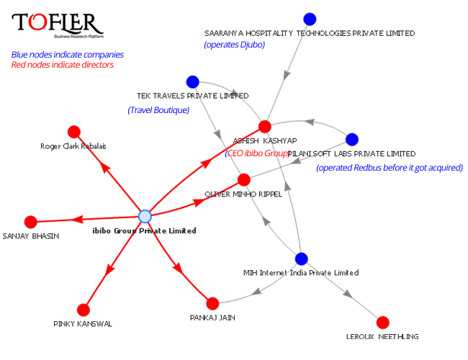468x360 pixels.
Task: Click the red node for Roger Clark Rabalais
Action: (x=73, y=132)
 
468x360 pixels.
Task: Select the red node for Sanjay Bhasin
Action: (x=30, y=222)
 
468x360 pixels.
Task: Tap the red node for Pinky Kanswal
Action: (x=83, y=310)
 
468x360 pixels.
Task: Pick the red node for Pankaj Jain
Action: (x=212, y=304)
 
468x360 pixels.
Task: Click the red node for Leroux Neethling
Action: (x=382, y=322)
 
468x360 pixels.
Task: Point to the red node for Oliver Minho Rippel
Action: (x=243, y=179)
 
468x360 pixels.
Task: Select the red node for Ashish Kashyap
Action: (x=264, y=126)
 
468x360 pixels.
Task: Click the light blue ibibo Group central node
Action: (x=145, y=216)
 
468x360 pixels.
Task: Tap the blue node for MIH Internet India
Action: (x=301, y=258)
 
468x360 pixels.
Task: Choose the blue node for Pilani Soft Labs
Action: (x=351, y=139)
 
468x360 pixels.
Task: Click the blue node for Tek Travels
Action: (x=192, y=82)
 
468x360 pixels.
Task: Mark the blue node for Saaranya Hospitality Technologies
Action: (x=310, y=19)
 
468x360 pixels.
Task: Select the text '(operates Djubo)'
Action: (x=235, y=45)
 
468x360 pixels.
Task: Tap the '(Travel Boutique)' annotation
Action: (x=158, y=110)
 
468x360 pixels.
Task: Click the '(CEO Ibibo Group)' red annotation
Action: (x=257, y=153)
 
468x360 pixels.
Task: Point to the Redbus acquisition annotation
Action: (x=389, y=168)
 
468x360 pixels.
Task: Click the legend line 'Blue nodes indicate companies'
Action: (x=67, y=55)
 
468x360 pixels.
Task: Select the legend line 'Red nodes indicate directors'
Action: (x=62, y=65)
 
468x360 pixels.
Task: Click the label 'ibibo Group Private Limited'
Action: (x=145, y=231)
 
